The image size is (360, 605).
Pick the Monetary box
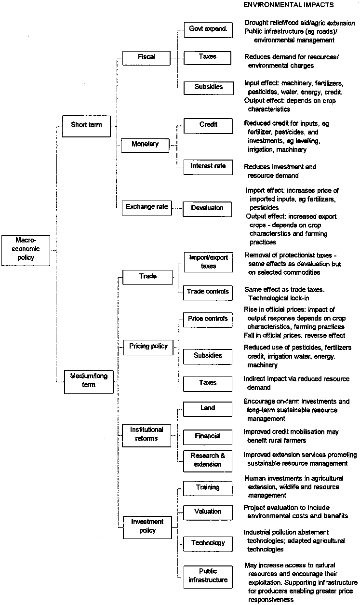coord(145,144)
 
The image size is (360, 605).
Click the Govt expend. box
coord(208,30)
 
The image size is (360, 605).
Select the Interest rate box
coord(208,166)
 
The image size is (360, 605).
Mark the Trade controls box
coord(208,292)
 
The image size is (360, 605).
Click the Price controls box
coord(208,319)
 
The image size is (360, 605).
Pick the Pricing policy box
coord(148,346)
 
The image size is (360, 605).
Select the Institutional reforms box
coord(147,433)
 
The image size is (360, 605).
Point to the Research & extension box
coord(208,460)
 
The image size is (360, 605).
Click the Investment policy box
coord(147,526)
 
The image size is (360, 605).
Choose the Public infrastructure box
coord(208,576)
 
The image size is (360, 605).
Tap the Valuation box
coord(208,512)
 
